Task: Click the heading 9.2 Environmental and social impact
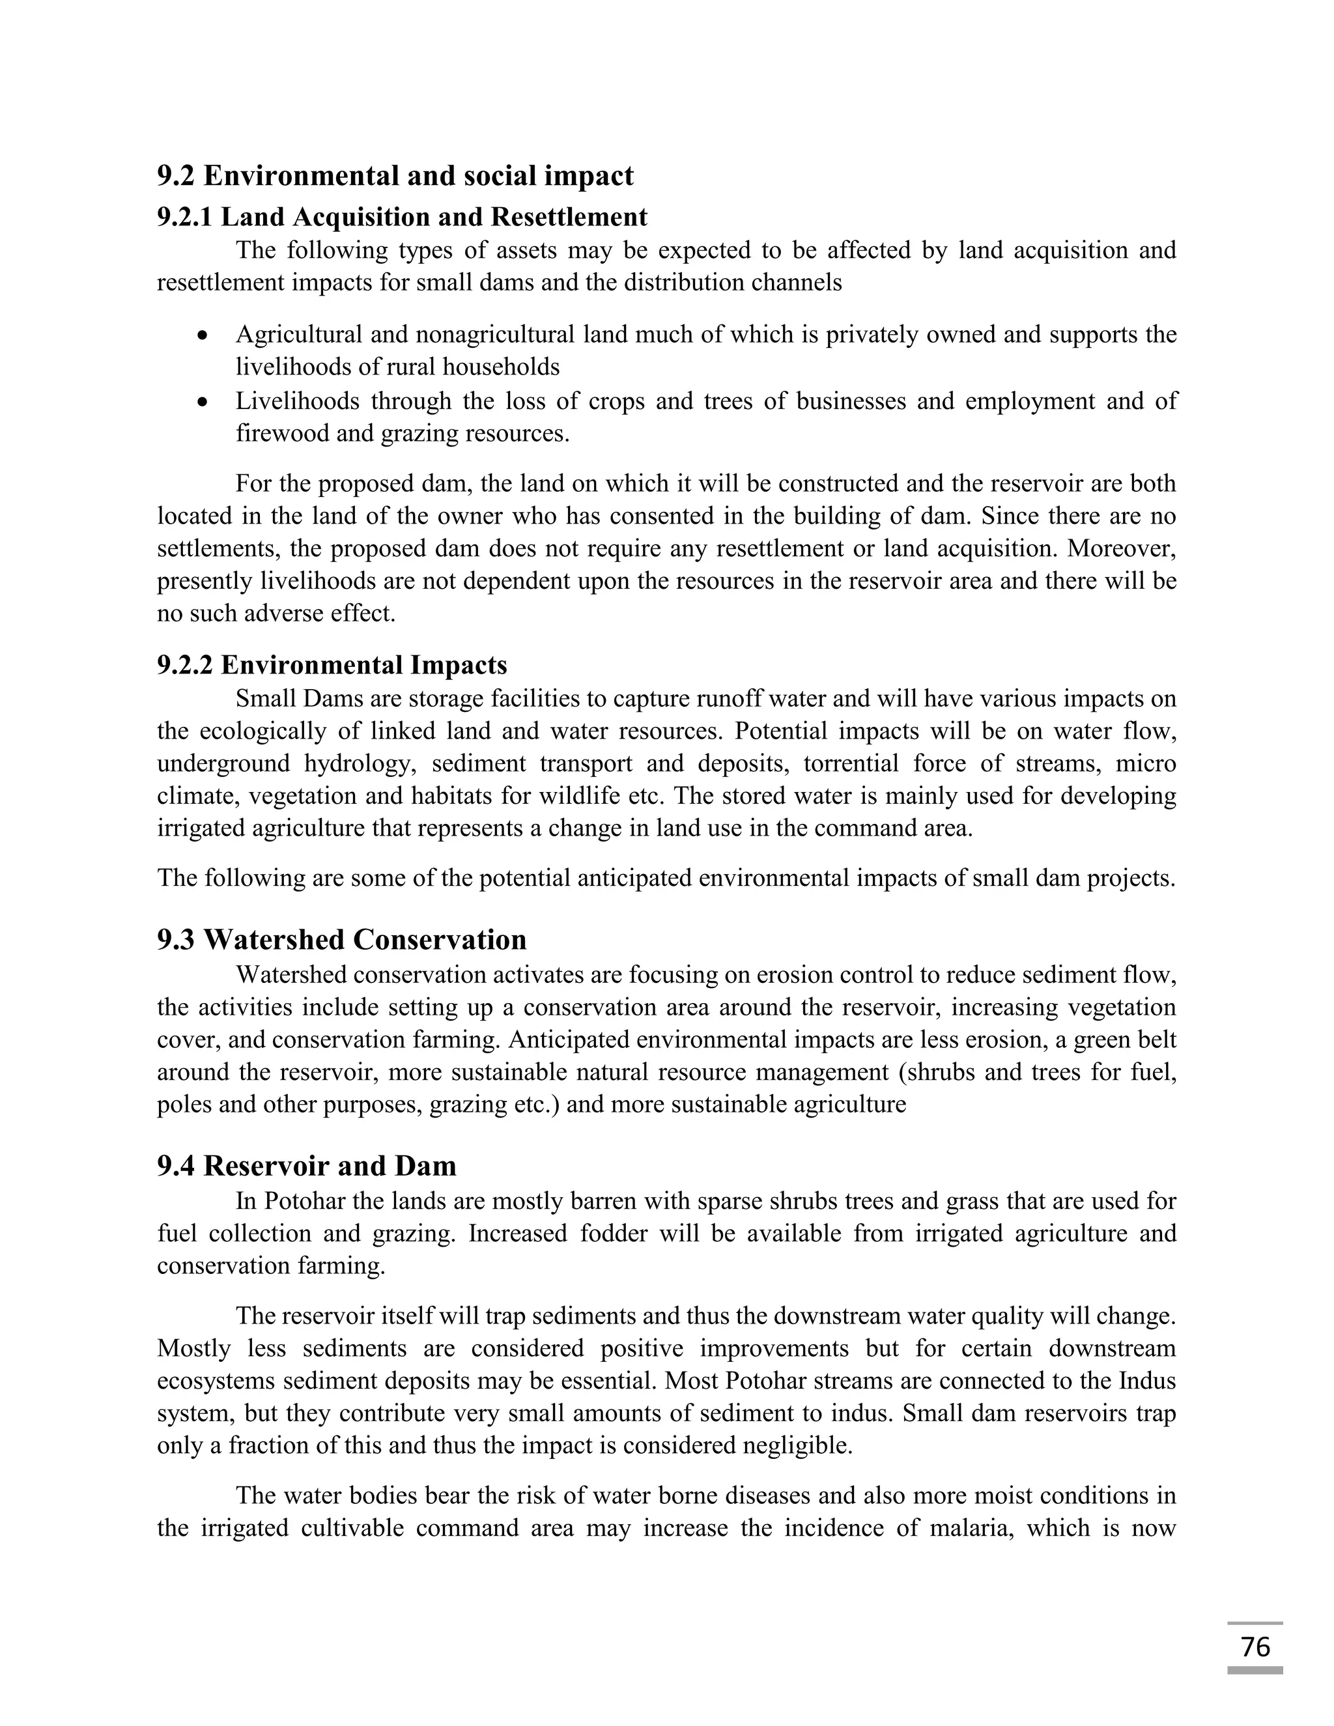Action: click(x=395, y=175)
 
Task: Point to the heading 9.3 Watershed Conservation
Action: click(x=341, y=940)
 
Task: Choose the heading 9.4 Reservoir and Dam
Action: click(x=307, y=1167)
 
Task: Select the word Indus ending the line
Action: click(x=1148, y=1381)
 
